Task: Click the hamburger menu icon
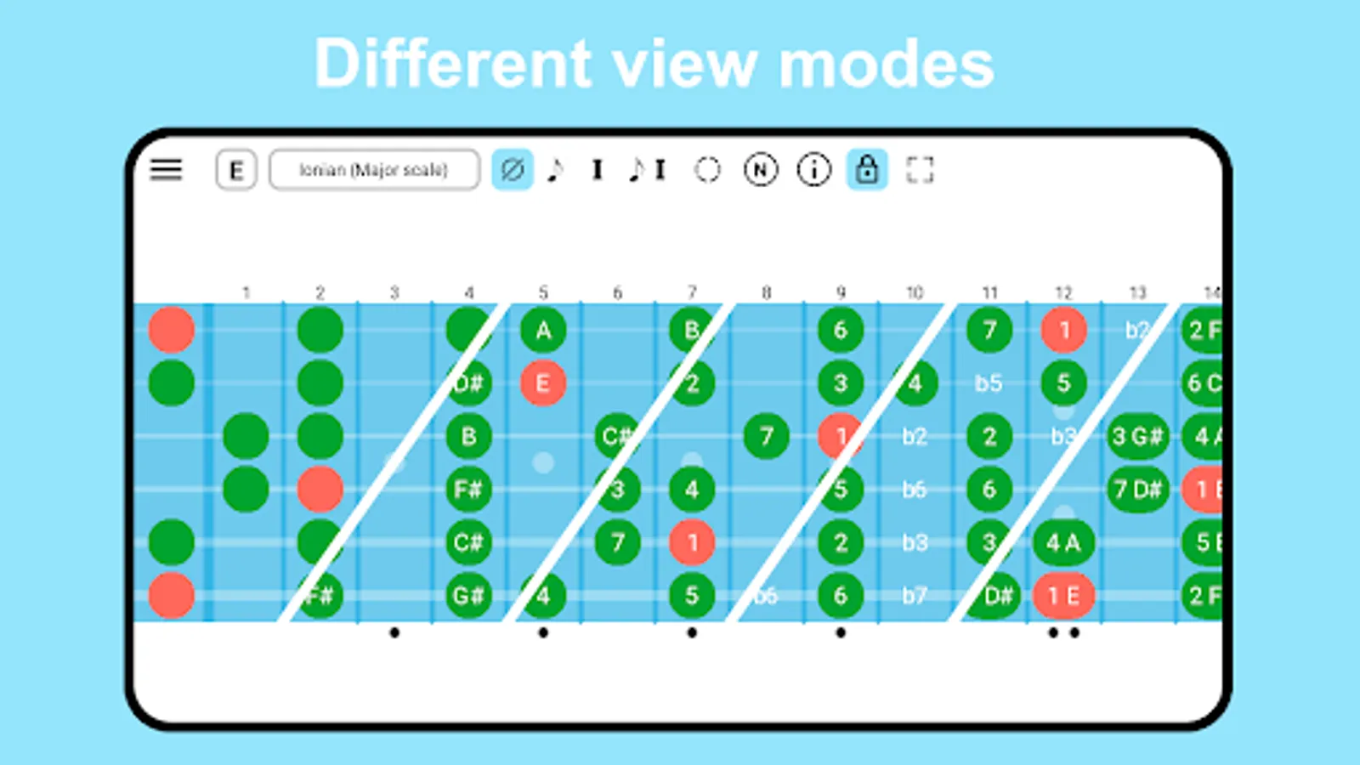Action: (166, 170)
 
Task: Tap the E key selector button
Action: (235, 171)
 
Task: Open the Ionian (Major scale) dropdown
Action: (374, 170)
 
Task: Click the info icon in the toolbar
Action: (813, 170)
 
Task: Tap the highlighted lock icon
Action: (867, 169)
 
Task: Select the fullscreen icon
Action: (920, 170)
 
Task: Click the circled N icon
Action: (760, 170)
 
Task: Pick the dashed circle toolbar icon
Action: (707, 170)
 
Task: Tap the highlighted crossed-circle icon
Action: (513, 170)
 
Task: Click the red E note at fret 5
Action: (543, 383)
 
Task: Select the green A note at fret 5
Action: (543, 330)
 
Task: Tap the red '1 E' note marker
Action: (1063, 596)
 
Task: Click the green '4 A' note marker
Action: (1063, 542)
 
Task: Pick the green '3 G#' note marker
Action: (1137, 437)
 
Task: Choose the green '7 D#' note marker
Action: (1137, 490)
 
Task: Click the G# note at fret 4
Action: (468, 596)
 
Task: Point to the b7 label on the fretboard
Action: (915, 596)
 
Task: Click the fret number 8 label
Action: (766, 293)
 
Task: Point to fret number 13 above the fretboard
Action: (1137, 293)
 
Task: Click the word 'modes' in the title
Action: (887, 65)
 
